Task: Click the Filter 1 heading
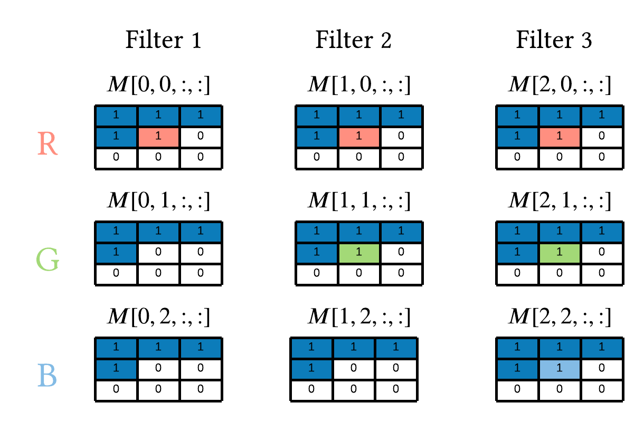pyautogui.click(x=163, y=40)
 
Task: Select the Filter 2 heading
pyautogui.click(x=353, y=40)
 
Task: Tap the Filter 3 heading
pyautogui.click(x=554, y=40)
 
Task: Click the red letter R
pyautogui.click(x=48, y=143)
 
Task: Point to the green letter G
pyautogui.click(x=48, y=260)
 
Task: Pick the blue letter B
pyautogui.click(x=47, y=375)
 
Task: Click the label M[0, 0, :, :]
pyautogui.click(x=158, y=85)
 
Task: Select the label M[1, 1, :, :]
pyautogui.click(x=359, y=201)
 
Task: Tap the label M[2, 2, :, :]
pyautogui.click(x=560, y=317)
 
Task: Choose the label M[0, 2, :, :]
pyautogui.click(x=158, y=317)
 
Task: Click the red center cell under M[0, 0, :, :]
pyautogui.click(x=158, y=137)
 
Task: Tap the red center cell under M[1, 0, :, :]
pyautogui.click(x=359, y=137)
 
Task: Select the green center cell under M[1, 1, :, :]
pyautogui.click(x=359, y=253)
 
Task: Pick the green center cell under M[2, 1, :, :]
pyautogui.click(x=560, y=253)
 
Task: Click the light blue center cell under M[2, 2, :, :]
pyautogui.click(x=560, y=369)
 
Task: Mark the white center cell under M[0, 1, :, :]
pyautogui.click(x=158, y=253)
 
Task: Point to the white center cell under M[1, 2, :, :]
pyautogui.click(x=354, y=369)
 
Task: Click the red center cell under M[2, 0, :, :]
pyautogui.click(x=560, y=137)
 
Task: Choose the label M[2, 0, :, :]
pyautogui.click(x=560, y=85)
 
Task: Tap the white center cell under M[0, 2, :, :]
pyautogui.click(x=158, y=369)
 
